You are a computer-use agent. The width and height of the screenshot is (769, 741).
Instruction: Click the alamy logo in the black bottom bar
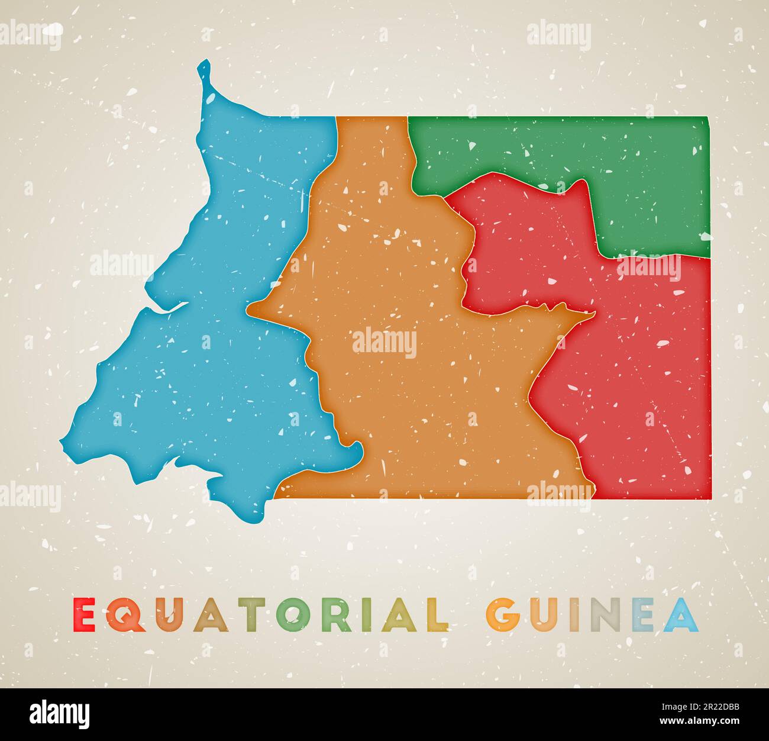(x=59, y=714)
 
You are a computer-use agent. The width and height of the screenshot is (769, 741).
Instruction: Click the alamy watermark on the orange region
(x=384, y=343)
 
